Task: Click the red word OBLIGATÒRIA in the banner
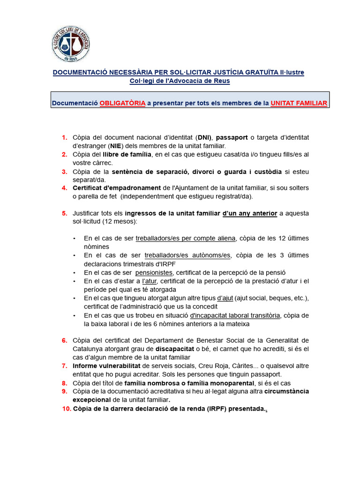[x=122, y=103]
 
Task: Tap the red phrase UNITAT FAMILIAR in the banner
[x=299, y=103]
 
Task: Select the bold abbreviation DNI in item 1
[x=204, y=137]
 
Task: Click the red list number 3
[x=64, y=171]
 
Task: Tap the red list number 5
[x=64, y=213]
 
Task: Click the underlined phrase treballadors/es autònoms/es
[x=187, y=255]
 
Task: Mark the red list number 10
[x=66, y=409]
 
